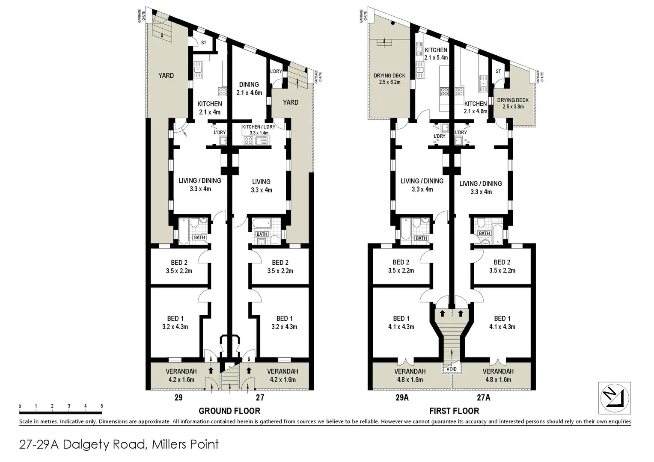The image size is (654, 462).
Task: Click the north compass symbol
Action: click(615, 398)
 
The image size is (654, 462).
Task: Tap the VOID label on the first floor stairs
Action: click(452, 369)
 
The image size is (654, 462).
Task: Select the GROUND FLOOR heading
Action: click(229, 411)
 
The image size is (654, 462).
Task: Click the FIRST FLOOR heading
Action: click(454, 411)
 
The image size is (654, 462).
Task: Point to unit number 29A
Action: click(401, 397)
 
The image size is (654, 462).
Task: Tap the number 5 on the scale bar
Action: click(101, 406)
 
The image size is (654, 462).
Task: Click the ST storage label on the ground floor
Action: click(204, 43)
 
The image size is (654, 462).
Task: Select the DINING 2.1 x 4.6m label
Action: click(249, 89)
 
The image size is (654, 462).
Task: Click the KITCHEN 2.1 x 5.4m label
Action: click(436, 54)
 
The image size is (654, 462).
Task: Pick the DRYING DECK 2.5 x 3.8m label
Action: click(513, 103)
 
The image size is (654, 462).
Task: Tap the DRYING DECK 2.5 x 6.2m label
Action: click(389, 79)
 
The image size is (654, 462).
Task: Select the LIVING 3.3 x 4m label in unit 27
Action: click(261, 186)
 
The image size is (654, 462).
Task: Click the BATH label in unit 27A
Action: click(484, 234)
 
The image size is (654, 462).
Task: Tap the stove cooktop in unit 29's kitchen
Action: click(223, 91)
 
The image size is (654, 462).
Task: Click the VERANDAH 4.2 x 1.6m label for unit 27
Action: click(282, 375)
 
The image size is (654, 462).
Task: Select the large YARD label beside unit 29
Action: click(166, 76)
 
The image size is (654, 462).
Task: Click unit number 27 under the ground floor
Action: click(260, 397)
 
